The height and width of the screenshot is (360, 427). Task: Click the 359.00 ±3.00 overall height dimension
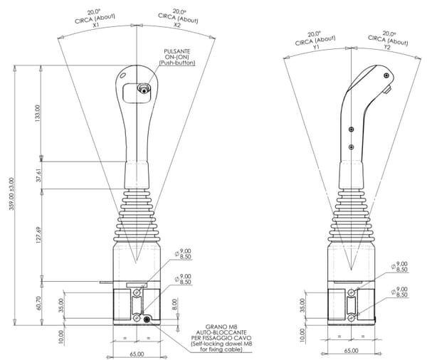11,194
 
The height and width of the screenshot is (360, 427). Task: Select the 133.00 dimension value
37,113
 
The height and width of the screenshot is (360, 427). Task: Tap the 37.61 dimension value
38,175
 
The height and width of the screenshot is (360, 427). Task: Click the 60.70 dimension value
38,303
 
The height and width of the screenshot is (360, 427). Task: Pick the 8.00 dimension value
174,305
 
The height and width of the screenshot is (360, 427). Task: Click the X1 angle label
95,25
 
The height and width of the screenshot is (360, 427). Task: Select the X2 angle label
176,25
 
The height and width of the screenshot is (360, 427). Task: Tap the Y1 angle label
316,48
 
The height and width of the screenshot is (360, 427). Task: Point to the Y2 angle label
387,47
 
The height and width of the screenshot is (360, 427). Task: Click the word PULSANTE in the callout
177,51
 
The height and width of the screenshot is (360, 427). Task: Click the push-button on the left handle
144,89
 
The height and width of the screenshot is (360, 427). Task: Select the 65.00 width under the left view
137,354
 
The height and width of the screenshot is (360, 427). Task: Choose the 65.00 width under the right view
351,351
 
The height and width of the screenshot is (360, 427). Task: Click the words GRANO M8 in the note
222,327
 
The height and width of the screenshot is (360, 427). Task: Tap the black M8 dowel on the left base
147,319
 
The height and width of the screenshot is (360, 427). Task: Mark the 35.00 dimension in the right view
302,305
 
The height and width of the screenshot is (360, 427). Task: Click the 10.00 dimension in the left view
61,337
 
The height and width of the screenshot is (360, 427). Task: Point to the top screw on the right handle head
386,75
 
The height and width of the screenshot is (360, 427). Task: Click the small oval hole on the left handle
122,75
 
